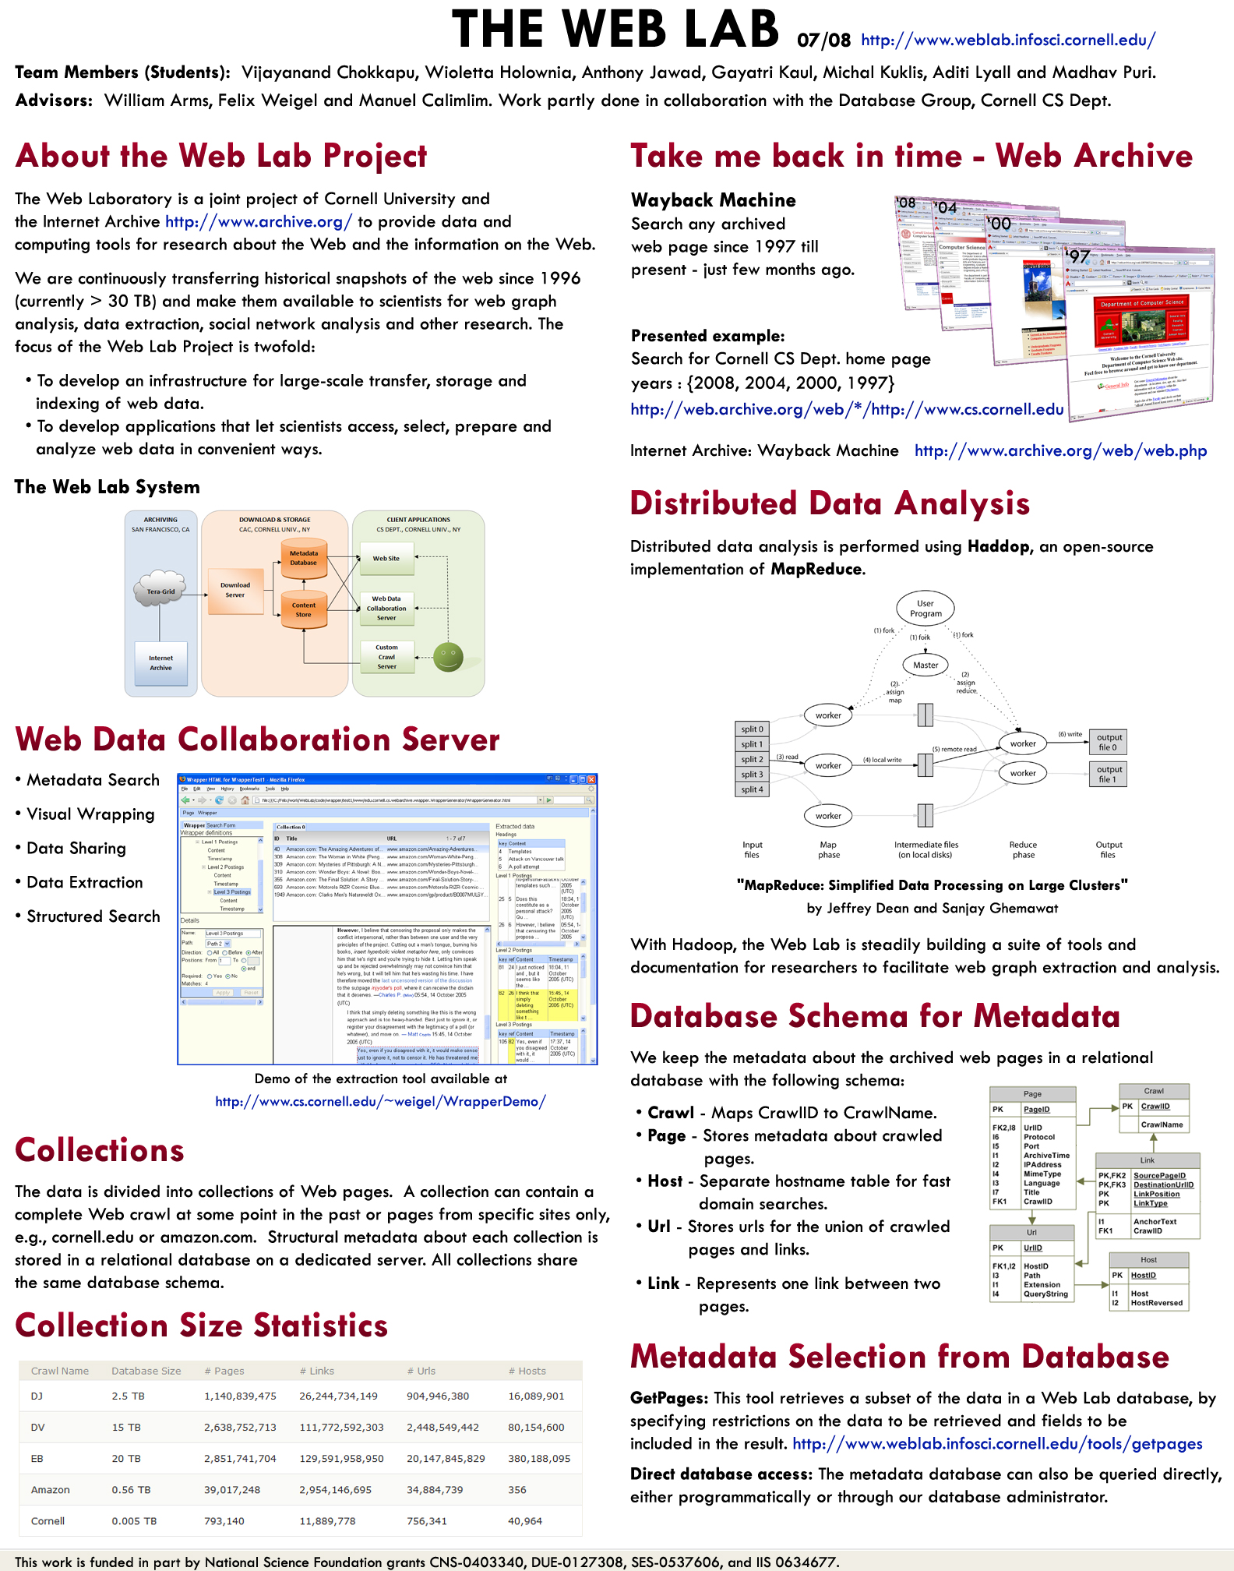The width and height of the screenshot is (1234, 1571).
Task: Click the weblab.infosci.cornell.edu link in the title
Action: [1008, 40]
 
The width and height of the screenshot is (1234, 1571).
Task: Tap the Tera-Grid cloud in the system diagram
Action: [160, 591]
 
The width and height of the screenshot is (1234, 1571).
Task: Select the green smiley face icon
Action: [448, 657]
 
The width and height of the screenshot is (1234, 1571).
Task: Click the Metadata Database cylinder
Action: [304, 559]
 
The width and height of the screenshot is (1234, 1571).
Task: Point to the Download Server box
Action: [234, 590]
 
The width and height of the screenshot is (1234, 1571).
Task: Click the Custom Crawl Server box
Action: [386, 657]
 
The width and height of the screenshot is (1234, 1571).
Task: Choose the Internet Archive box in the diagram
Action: [160, 663]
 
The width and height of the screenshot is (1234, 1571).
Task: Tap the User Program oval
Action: [926, 609]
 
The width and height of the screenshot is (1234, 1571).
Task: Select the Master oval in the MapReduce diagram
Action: [926, 665]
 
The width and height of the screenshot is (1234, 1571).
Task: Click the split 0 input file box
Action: [753, 729]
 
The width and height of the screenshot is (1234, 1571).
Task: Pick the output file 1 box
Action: [1108, 774]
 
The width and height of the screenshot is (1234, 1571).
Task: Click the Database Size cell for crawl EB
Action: [126, 1459]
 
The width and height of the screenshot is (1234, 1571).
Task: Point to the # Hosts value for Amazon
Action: [517, 1490]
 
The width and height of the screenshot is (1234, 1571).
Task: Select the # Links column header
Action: [316, 1371]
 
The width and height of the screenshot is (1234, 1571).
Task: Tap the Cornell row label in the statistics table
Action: [48, 1521]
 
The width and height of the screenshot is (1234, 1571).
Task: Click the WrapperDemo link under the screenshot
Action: [380, 1101]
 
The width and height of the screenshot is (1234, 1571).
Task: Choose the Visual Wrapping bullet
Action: [90, 814]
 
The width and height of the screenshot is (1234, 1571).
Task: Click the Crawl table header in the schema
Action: [1154, 1091]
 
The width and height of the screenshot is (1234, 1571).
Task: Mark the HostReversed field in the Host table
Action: [1156, 1303]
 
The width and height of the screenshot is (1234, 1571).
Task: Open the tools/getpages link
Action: [997, 1444]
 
